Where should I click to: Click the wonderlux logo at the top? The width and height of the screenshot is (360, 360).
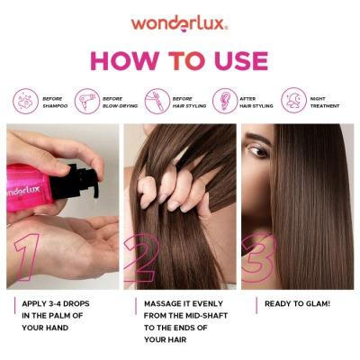[179, 22]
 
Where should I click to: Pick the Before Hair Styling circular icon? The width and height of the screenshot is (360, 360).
[157, 99]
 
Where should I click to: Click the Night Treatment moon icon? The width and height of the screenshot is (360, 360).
[293, 99]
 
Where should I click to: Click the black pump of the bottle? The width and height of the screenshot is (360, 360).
[76, 178]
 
